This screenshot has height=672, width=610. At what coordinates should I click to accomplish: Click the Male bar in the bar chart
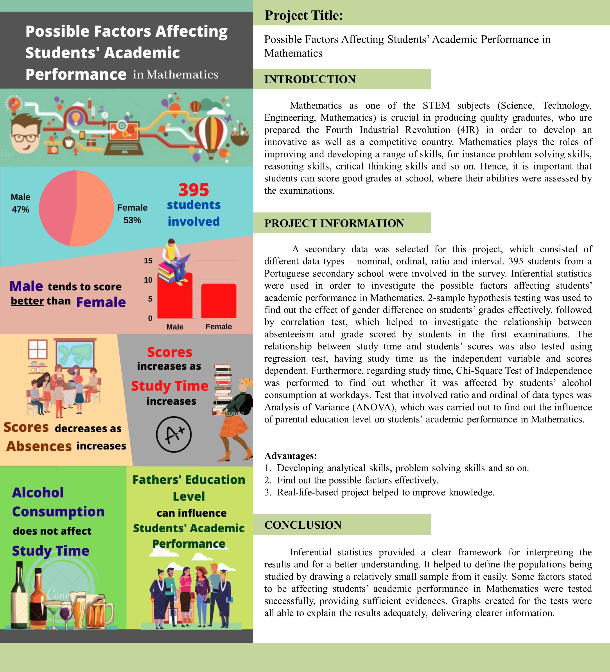click(x=175, y=300)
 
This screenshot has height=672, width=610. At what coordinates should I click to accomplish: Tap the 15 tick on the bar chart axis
click(x=148, y=261)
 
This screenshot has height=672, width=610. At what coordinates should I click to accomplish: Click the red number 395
click(x=194, y=190)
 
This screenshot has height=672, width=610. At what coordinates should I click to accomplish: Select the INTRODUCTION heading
click(x=310, y=79)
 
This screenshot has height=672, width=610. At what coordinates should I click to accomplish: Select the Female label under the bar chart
click(x=219, y=327)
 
